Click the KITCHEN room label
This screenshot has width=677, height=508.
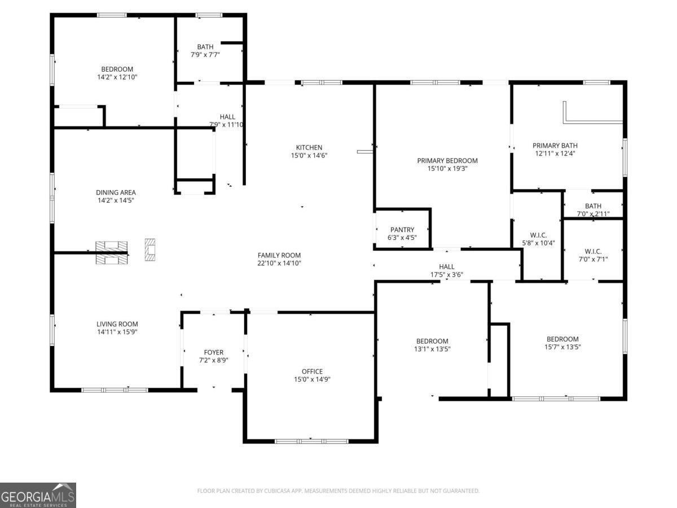point(309,147)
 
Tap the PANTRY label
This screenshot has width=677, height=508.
point(402,230)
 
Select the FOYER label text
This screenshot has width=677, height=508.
point(214,352)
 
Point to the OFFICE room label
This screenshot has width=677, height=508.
point(312,371)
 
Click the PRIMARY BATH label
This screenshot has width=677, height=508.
point(555,145)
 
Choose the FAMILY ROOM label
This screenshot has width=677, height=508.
point(279,255)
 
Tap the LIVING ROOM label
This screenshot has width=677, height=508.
point(117,324)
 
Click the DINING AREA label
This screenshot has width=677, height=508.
point(116,192)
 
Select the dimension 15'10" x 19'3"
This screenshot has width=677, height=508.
point(447,168)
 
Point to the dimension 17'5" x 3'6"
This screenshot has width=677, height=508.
point(447,274)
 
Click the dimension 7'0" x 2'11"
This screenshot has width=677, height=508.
point(593,214)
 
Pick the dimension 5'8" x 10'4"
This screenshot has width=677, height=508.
point(539,243)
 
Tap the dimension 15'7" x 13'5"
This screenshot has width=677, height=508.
point(562,347)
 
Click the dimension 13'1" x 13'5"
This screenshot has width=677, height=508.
point(432,349)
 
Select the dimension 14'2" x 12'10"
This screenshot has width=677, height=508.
point(117,77)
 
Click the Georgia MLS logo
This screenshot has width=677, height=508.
point(38,495)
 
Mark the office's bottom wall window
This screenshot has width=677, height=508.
point(311,441)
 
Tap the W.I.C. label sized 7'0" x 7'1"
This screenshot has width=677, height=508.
point(593,251)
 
